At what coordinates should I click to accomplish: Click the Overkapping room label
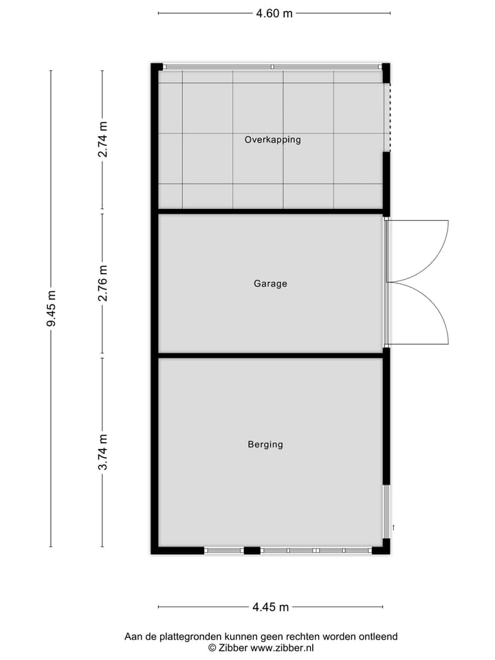click(273, 140)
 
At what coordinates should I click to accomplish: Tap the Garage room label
click(270, 283)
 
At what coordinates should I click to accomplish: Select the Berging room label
click(265, 445)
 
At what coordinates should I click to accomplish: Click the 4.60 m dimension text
click(274, 13)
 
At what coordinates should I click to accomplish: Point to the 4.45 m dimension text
click(270, 607)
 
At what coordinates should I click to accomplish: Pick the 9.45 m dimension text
click(52, 308)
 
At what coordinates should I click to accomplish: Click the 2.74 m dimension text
click(103, 140)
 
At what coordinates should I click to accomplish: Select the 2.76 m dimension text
click(103, 283)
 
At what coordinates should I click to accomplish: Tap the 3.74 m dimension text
click(103, 452)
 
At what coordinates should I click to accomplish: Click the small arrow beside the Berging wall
click(393, 527)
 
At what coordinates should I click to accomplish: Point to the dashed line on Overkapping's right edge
click(390, 117)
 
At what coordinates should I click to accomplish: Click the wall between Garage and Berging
click(270, 355)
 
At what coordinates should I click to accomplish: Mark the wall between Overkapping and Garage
click(270, 211)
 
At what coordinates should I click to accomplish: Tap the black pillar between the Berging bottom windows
click(252, 550)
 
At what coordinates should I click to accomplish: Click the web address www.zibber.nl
click(282, 648)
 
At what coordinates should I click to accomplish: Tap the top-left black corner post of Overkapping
click(157, 67)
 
